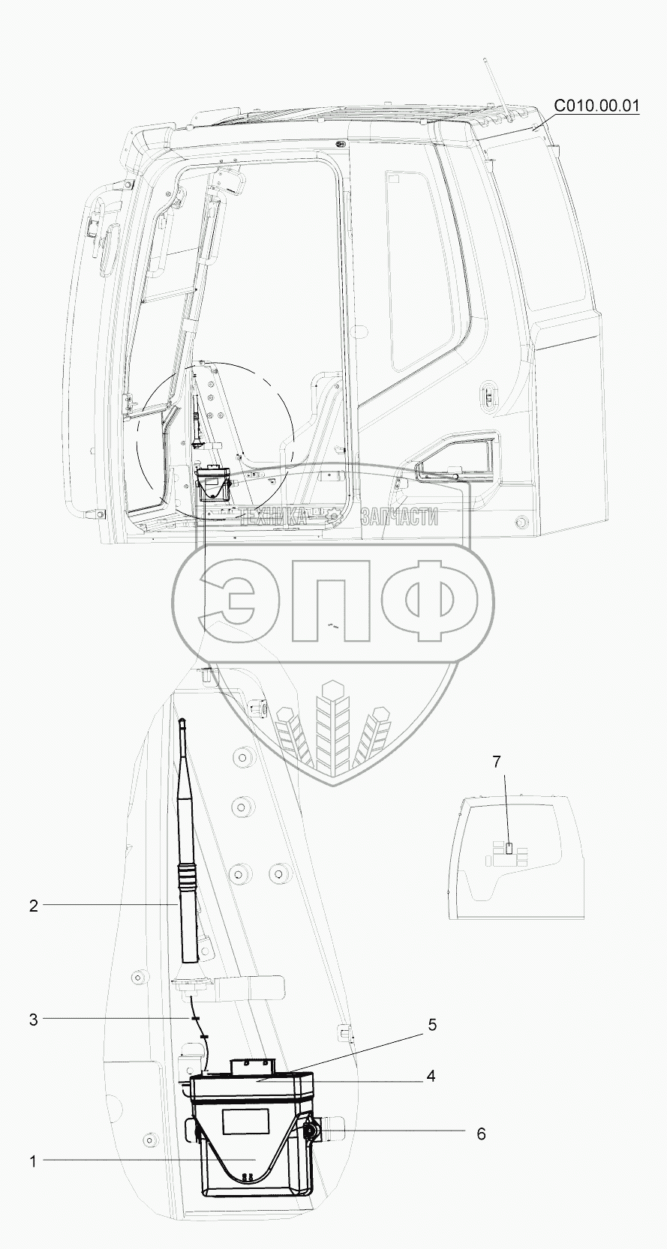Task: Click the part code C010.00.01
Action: point(596,106)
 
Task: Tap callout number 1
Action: point(33,1158)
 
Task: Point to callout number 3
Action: point(34,1020)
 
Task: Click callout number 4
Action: point(431,1076)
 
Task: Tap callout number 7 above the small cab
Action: point(497,761)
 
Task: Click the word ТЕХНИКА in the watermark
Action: point(273,517)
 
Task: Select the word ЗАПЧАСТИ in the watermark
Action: point(399,517)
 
